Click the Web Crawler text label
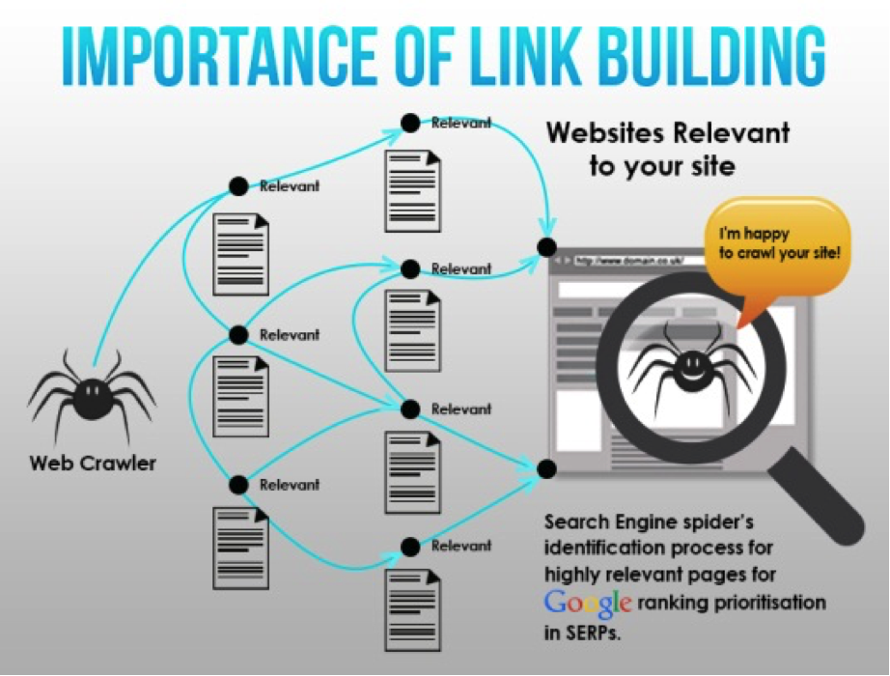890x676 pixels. coord(93,464)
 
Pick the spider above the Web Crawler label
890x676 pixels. coord(91,396)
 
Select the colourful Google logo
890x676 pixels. coord(588,604)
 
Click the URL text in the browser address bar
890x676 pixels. coord(619,261)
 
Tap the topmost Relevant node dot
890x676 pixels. coord(410,123)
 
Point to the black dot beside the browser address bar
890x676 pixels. coord(547,246)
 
